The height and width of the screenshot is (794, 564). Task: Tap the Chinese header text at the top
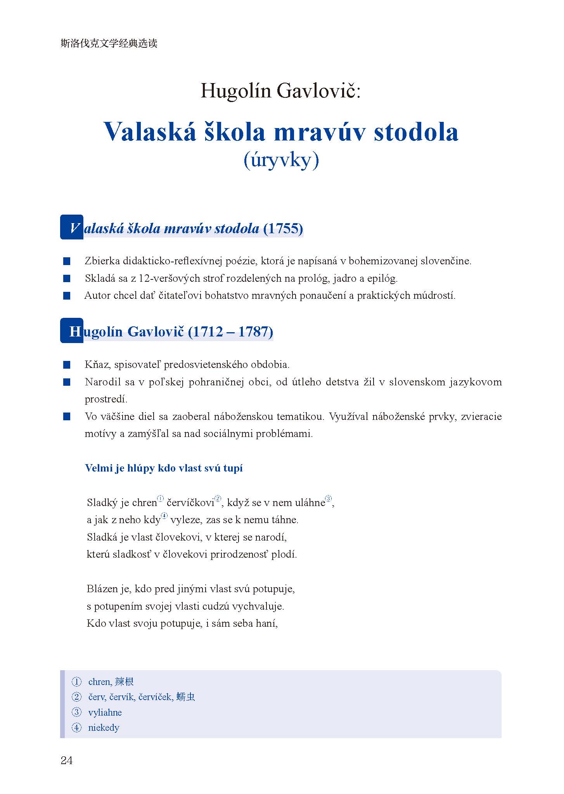coord(109,43)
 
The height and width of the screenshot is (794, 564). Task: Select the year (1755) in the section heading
coord(283,228)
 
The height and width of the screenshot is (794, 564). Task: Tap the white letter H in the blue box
coord(74,331)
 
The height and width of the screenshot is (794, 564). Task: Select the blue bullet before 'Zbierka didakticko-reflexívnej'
coord(67,261)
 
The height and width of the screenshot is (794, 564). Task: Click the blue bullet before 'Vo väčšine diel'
coord(67,417)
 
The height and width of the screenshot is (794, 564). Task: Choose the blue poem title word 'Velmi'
coord(99,468)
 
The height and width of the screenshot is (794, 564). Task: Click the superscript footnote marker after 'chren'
coord(161,499)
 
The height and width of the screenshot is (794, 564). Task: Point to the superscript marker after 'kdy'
coord(164,516)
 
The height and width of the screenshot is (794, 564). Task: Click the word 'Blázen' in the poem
coord(102,589)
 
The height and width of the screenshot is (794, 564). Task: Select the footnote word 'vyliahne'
coord(105,713)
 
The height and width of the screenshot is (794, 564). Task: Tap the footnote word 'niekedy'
coord(104,728)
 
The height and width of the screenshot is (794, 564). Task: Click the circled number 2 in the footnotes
coord(77,697)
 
